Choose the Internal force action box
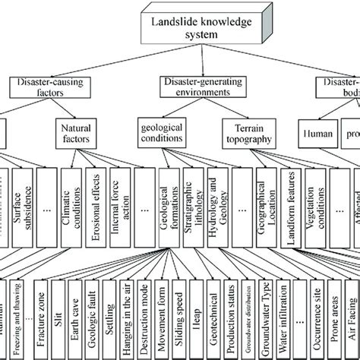(x=120, y=201)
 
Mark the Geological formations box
(x=167, y=201)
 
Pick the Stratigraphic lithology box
(x=189, y=201)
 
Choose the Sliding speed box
(x=179, y=319)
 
